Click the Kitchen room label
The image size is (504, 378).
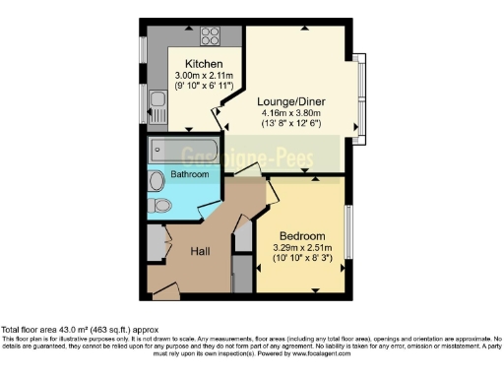click(x=188, y=63)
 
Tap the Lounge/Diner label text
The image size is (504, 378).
click(x=291, y=101)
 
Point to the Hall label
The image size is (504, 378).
click(x=202, y=251)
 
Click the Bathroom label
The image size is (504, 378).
click(x=190, y=174)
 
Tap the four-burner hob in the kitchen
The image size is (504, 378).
click(x=210, y=37)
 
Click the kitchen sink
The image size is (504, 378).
click(x=156, y=98)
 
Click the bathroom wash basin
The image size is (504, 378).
click(x=157, y=181)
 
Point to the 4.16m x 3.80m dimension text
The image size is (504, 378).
click(x=291, y=113)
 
